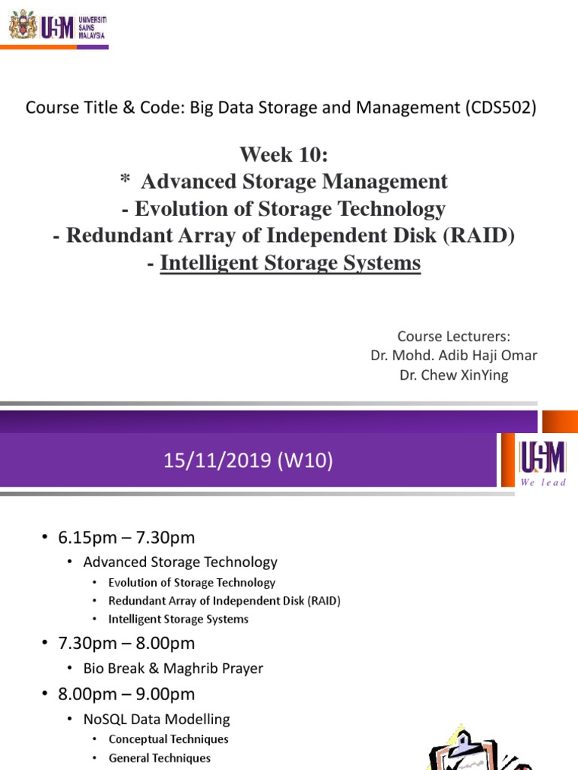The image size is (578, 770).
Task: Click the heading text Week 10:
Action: tap(284, 155)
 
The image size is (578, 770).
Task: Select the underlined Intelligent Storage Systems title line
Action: tap(291, 263)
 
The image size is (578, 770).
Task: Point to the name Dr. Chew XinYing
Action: tap(454, 374)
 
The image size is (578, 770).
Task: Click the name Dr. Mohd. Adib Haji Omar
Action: tap(454, 355)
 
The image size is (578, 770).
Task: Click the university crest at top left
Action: tap(22, 26)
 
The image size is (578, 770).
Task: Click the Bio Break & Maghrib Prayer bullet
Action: tap(173, 668)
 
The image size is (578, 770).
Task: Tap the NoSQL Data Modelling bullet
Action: tap(157, 719)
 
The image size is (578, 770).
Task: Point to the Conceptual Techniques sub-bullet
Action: tap(169, 738)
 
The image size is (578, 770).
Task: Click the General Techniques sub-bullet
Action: tap(160, 758)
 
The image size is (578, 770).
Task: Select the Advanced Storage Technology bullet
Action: tap(180, 562)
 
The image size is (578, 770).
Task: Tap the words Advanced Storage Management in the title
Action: tap(294, 181)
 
